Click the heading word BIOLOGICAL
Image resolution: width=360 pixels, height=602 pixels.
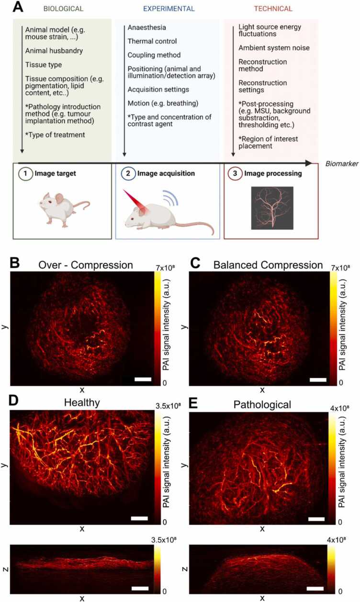(64, 9)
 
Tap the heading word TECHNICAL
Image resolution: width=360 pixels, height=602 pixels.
(274, 9)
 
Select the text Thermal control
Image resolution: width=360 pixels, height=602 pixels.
(152, 41)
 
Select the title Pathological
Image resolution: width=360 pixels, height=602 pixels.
(262, 405)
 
